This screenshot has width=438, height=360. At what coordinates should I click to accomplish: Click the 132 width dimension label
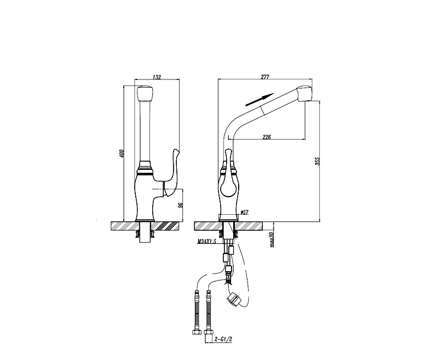click(157, 77)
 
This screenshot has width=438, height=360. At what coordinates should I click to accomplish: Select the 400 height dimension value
click(121, 153)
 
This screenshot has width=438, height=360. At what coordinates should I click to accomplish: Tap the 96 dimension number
click(181, 205)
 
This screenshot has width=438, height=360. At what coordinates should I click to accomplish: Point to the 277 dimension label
click(265, 77)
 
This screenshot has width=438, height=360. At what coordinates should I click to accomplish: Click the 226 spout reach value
click(267, 137)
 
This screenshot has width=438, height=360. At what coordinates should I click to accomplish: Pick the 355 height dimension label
click(318, 161)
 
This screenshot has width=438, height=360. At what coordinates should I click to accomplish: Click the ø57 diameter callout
click(244, 213)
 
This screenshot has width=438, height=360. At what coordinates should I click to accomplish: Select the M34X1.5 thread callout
click(207, 242)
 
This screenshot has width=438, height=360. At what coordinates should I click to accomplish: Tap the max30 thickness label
click(271, 239)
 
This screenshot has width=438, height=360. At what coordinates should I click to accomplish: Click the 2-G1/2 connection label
click(223, 339)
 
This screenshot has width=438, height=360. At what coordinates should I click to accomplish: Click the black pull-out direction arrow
click(259, 100)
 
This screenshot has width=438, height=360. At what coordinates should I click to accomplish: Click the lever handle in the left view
click(170, 173)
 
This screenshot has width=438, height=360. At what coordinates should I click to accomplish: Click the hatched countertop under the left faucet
click(145, 226)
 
